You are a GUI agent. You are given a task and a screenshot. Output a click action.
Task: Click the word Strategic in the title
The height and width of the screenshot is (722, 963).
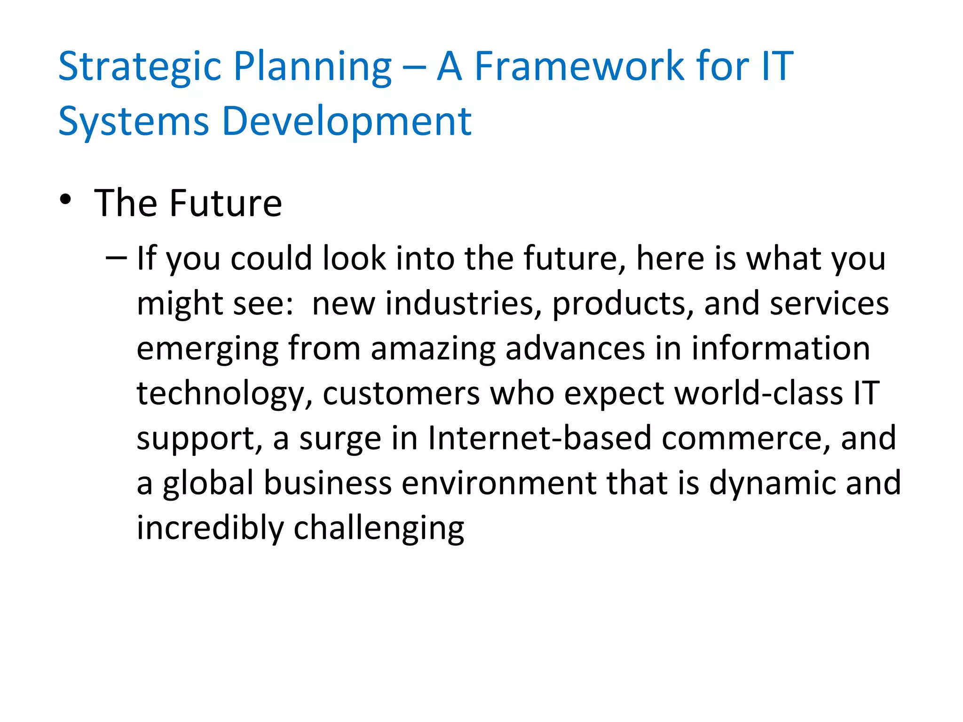[x=140, y=67]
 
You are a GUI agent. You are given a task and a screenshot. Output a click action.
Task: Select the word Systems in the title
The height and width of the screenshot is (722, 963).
[x=134, y=122]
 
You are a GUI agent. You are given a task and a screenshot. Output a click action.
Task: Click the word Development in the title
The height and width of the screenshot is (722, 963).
[x=346, y=122]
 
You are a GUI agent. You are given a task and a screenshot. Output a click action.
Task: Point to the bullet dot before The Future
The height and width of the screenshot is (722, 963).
[x=65, y=199]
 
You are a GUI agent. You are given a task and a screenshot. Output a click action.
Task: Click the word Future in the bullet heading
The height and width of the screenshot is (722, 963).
[x=225, y=203]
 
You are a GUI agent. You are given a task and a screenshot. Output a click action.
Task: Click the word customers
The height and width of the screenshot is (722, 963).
[x=401, y=393]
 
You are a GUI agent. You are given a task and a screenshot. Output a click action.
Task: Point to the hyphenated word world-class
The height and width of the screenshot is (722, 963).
[x=759, y=393]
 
